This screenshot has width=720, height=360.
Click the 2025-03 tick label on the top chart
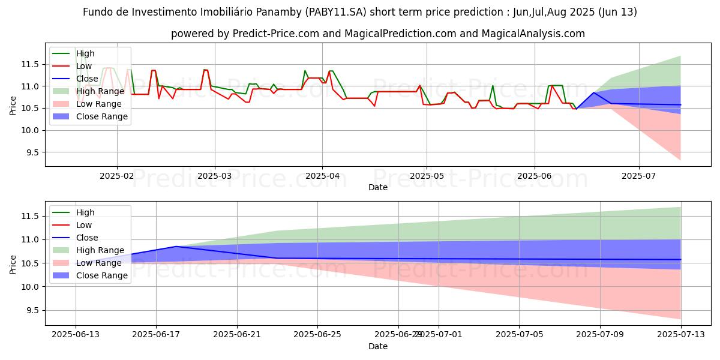click(214, 177)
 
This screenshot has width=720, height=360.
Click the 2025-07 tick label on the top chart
click(638, 177)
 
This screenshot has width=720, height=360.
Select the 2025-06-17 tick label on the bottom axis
click(156, 335)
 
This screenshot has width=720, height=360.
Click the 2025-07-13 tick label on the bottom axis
click(680, 335)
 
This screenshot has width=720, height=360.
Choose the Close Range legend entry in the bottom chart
click(101, 275)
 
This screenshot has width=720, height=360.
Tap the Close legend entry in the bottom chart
click(87, 238)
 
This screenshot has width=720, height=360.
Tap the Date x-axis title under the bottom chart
click(378, 346)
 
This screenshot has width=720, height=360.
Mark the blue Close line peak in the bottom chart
click(176, 247)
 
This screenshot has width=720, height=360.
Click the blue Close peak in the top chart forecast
click(593, 92)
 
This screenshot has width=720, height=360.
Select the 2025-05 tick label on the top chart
click(427, 177)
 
